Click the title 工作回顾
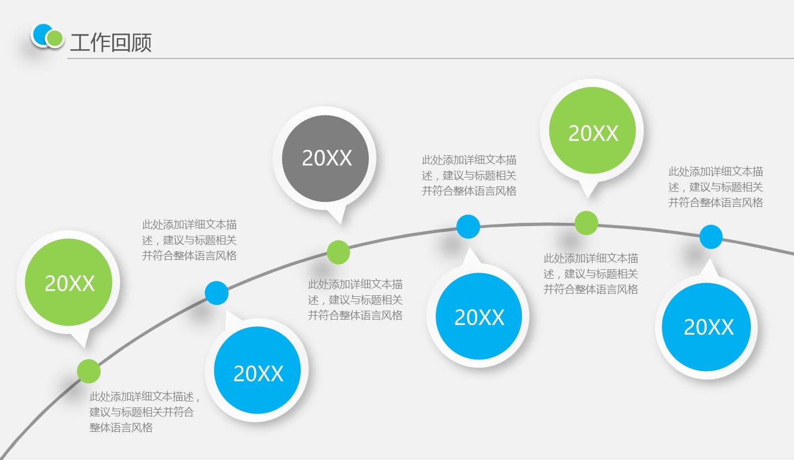[x=111, y=43]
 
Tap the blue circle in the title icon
[x=40, y=34]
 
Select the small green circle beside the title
[x=54, y=38]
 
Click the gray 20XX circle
[x=325, y=159]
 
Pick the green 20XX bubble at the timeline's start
[x=69, y=283]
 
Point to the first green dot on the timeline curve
[x=88, y=371]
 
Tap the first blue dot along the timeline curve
[x=216, y=293]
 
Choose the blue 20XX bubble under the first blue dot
[x=257, y=373]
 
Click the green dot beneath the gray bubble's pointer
[x=338, y=252]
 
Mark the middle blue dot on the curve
[x=468, y=226]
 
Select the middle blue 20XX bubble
[x=478, y=317]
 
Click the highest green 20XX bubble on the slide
[x=592, y=133]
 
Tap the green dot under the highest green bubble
[x=586, y=223]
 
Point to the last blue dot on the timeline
[x=711, y=237]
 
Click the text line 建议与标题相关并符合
[x=142, y=412]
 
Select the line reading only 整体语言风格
[x=121, y=427]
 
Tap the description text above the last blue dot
[x=715, y=187]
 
